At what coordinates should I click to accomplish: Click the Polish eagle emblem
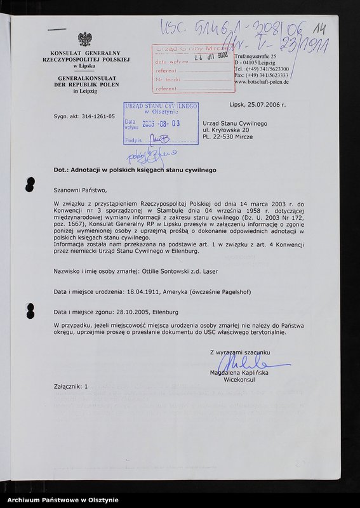coord(84,39)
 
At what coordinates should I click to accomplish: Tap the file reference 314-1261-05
coord(93,117)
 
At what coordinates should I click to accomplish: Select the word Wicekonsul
coord(239,380)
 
